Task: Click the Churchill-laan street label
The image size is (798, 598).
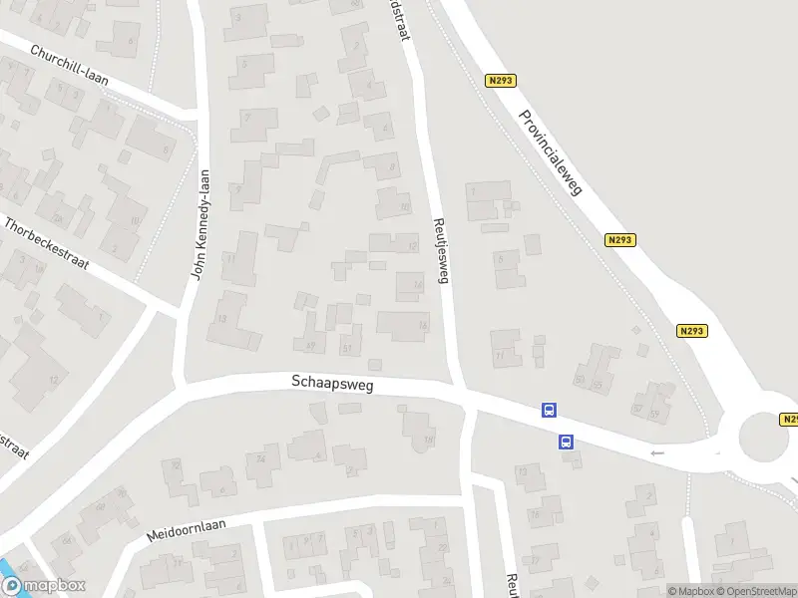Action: click(x=69, y=65)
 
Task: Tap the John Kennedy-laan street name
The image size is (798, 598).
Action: click(x=201, y=224)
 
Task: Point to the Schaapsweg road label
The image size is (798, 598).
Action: click(x=332, y=383)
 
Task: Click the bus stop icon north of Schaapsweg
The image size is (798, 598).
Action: click(x=549, y=410)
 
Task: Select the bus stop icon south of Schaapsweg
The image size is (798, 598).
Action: click(x=566, y=441)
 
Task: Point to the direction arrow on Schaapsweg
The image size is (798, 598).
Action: click(x=656, y=453)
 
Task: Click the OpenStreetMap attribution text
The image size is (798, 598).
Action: click(x=755, y=591)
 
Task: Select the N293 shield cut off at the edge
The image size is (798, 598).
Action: click(x=789, y=420)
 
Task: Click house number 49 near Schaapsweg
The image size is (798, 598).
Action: click(x=311, y=346)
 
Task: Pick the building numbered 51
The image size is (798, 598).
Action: click(x=348, y=347)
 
